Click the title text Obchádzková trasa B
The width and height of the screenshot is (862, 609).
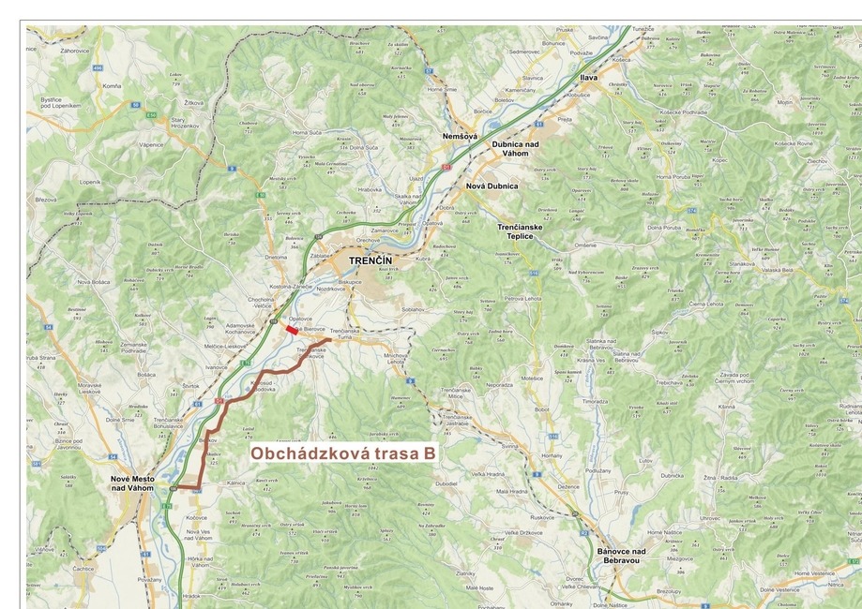pyautogui.click(x=343, y=453)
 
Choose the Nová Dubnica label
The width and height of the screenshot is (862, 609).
pyautogui.click(x=491, y=186)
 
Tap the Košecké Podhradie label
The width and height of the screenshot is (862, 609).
pyautogui.click(x=682, y=111)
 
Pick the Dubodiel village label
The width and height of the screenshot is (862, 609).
pyautogui.click(x=446, y=483)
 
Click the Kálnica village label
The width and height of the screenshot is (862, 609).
pyautogui.click(x=235, y=483)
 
